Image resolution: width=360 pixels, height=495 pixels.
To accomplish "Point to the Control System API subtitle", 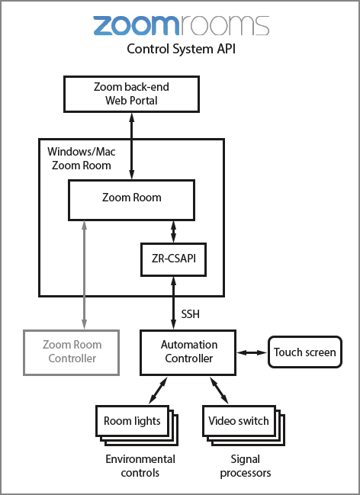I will pyautogui.click(x=179, y=50).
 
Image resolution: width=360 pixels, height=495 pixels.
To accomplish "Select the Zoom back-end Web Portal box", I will pyautogui.click(x=131, y=94).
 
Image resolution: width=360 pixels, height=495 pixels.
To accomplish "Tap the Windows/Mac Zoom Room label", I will pyautogui.click(x=79, y=159).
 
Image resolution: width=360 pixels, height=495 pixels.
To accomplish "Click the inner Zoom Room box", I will pyautogui.click(x=131, y=198).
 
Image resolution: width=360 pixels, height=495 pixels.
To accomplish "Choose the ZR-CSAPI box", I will pyautogui.click(x=174, y=259).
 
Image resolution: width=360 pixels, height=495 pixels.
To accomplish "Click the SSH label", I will pyautogui.click(x=191, y=313).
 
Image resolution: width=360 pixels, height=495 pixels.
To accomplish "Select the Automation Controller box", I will pyautogui.click(x=189, y=352).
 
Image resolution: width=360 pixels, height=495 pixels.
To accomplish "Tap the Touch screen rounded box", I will pyautogui.click(x=304, y=352).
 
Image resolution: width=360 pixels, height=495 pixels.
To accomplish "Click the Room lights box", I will pyautogui.click(x=132, y=420).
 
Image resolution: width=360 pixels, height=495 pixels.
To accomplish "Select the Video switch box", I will pyautogui.click(x=238, y=420).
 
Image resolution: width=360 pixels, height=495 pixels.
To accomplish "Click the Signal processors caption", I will pyautogui.click(x=245, y=465).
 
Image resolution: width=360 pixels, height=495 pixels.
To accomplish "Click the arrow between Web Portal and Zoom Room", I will pyautogui.click(x=132, y=146).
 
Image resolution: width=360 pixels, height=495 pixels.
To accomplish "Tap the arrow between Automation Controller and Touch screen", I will pyautogui.click(x=252, y=352).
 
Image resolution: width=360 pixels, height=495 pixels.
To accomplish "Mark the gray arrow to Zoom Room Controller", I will pyautogui.click(x=82, y=275).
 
